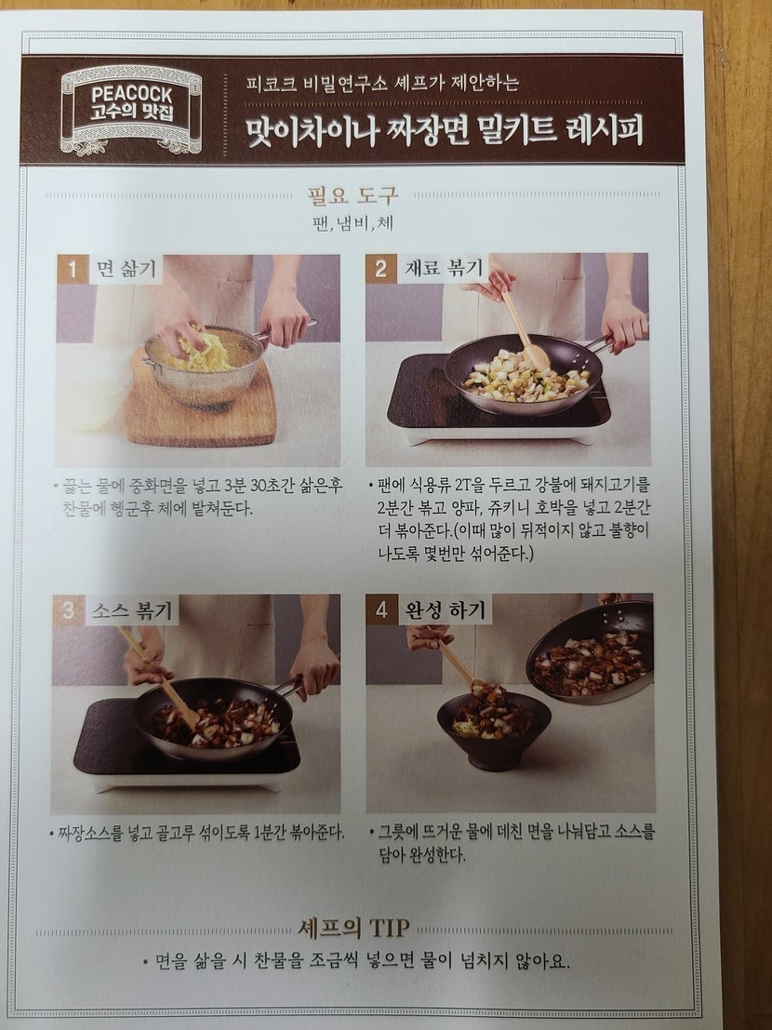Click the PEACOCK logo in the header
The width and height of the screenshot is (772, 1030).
pyautogui.click(x=131, y=109)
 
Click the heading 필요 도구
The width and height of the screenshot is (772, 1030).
pyautogui.click(x=353, y=195)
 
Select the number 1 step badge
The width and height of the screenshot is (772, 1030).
pyautogui.click(x=73, y=269)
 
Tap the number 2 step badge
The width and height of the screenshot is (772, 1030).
pyautogui.click(x=380, y=269)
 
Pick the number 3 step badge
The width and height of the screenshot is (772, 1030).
pyautogui.click(x=68, y=610)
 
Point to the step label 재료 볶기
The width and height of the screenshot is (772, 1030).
pyautogui.click(x=444, y=268)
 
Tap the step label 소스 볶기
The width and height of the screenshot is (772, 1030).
pyautogui.click(x=131, y=610)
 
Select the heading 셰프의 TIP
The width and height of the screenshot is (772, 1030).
pyautogui.click(x=353, y=929)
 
